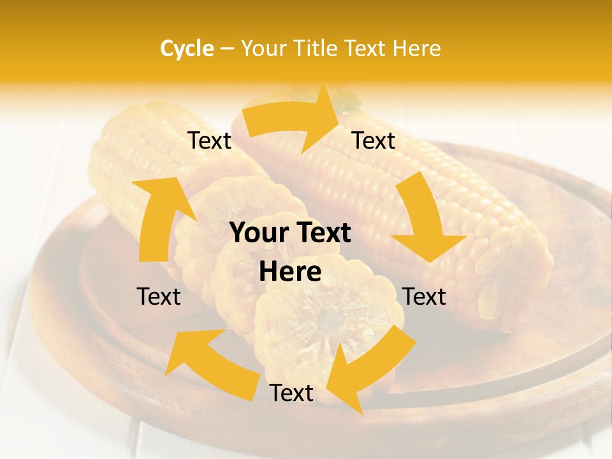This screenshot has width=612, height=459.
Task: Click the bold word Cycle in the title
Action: (x=187, y=48)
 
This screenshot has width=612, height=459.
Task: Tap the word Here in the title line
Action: (x=416, y=48)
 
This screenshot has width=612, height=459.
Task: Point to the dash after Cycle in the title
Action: (x=227, y=49)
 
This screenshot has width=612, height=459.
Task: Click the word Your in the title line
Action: (x=263, y=48)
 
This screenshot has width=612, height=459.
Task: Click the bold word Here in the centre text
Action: (x=290, y=272)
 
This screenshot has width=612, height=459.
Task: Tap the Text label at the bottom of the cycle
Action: (x=291, y=393)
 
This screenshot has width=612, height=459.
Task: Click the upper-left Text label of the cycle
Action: (x=209, y=141)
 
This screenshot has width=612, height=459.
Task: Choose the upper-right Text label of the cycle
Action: (x=374, y=141)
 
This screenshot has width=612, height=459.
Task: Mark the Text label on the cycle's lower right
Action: (x=424, y=296)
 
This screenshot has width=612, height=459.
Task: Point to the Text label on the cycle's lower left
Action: (x=159, y=296)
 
